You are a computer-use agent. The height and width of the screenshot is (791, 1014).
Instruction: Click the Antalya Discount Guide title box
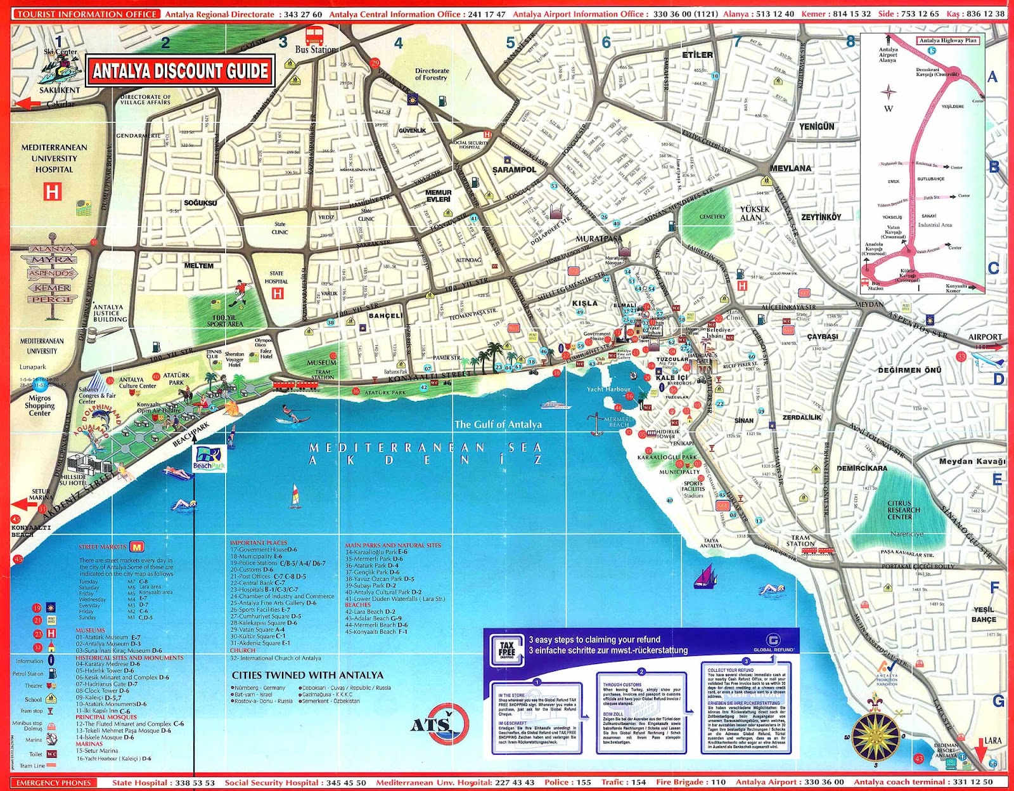pyautogui.click(x=181, y=71)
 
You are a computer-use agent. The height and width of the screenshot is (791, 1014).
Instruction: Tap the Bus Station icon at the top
pyautogui.click(x=314, y=36)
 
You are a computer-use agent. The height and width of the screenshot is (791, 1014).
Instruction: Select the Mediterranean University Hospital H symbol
pyautogui.click(x=53, y=191)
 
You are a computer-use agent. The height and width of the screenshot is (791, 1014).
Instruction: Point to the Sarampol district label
pyautogui.click(x=514, y=170)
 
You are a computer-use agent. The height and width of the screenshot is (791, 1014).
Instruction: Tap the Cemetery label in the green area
pyautogui.click(x=712, y=217)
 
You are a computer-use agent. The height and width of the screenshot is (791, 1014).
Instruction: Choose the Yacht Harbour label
pyautogui.click(x=608, y=389)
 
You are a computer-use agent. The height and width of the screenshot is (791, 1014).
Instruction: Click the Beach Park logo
pyautogui.click(x=209, y=458)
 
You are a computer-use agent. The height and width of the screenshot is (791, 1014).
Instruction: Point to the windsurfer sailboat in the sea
pyautogui.click(x=295, y=496)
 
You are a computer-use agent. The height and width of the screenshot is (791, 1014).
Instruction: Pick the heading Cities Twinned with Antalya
pyautogui.click(x=307, y=675)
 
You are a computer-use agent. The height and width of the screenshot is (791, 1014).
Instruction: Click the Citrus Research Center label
pyautogui.click(x=903, y=510)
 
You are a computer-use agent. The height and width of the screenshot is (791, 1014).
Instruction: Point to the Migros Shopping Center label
pyautogui.click(x=39, y=405)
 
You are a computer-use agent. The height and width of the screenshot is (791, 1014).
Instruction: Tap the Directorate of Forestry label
pyautogui.click(x=432, y=74)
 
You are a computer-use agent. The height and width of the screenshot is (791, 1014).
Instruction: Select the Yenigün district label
pyautogui.click(x=816, y=127)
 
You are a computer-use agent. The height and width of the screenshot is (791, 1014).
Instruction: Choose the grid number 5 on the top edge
pyautogui.click(x=510, y=42)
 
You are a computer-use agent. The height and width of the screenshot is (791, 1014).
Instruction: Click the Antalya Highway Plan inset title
pyautogui.click(x=948, y=41)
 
